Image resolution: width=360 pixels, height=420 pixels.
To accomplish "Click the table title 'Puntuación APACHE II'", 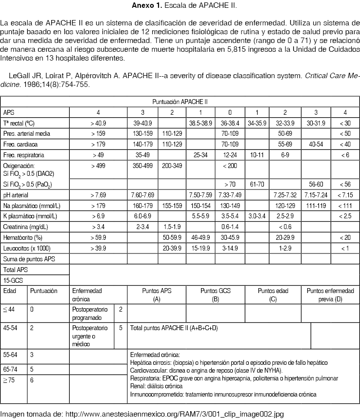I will [180, 102].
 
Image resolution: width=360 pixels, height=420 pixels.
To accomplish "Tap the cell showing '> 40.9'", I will [98, 123].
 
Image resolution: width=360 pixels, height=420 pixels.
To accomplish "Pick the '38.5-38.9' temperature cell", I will [200, 123].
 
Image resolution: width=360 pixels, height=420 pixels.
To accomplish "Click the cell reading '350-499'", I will [143, 166].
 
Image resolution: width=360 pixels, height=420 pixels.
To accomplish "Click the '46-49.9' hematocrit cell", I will [200, 237].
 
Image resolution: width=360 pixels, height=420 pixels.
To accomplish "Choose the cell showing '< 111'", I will [346, 206].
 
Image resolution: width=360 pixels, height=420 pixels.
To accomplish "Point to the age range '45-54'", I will [10, 328].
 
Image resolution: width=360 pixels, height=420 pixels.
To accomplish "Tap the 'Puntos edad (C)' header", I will [273, 294].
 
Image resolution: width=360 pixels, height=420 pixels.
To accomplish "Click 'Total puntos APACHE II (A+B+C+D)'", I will [173, 329].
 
